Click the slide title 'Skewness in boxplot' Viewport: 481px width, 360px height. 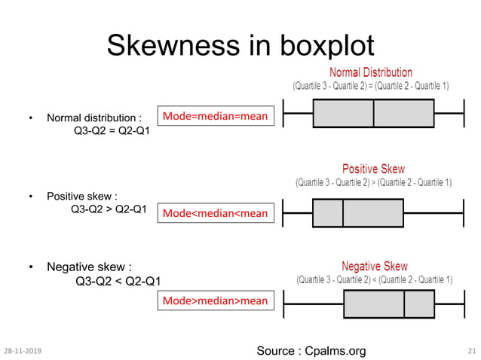240,46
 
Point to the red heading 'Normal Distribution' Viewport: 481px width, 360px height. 371,73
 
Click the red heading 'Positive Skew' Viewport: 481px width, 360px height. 373,169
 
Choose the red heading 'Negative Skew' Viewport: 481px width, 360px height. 375,267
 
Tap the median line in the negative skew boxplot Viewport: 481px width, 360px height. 405,304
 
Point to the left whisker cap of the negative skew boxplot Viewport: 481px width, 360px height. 283,304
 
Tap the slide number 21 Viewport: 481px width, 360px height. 472,351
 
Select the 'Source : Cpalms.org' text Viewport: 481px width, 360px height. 311,350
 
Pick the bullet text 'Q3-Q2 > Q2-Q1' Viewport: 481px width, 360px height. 108,209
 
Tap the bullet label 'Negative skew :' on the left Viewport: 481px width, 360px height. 89,267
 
